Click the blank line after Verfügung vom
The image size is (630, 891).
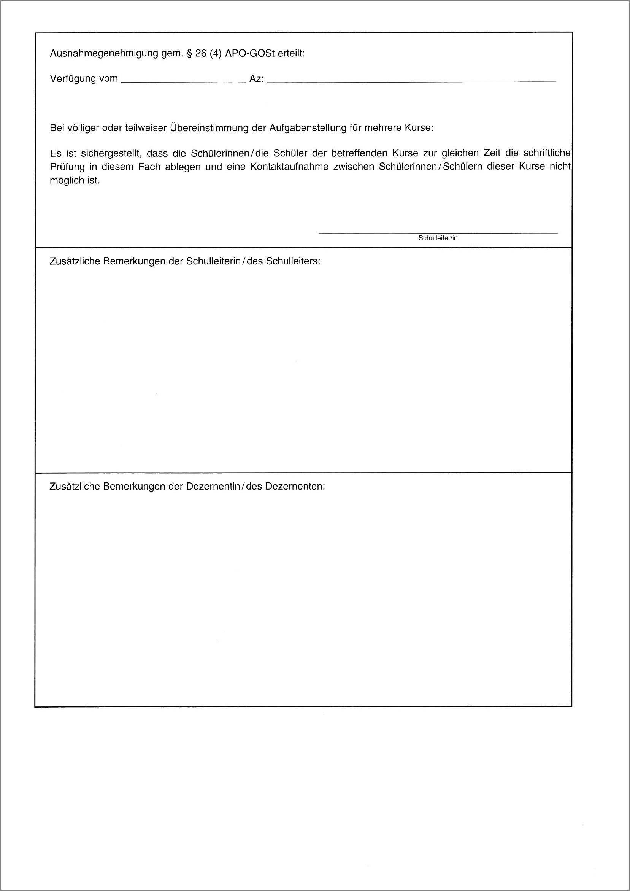coord(184,81)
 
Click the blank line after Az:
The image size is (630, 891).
coord(411,81)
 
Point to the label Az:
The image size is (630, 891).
coord(256,79)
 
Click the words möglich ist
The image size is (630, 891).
coord(75,181)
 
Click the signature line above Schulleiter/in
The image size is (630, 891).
coord(438,233)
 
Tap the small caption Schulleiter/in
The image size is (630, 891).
coord(438,238)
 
